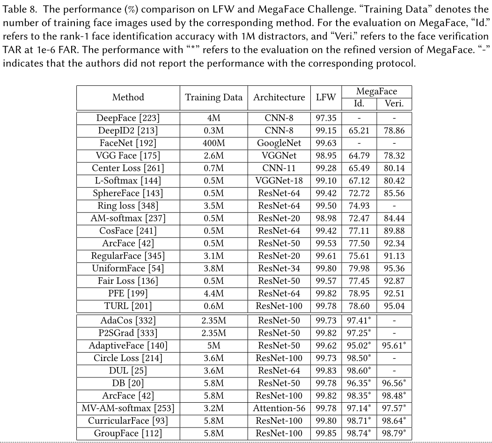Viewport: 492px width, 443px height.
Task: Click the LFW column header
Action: click(326, 97)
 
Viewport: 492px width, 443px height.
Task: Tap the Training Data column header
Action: click(214, 97)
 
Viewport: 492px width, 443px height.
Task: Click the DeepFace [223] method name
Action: click(128, 118)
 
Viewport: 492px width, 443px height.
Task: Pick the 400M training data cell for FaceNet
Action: click(214, 143)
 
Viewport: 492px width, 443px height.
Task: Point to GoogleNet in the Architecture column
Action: click(279, 143)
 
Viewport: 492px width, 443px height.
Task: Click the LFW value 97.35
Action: click(326, 118)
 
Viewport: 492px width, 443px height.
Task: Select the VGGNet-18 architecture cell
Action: click(279, 181)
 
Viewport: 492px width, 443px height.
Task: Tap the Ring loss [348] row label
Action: click(128, 206)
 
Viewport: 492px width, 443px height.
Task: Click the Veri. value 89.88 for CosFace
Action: click(394, 231)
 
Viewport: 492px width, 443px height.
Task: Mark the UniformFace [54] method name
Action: click(128, 268)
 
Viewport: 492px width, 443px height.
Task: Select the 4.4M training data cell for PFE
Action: click(214, 294)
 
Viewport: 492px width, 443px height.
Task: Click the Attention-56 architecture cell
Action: click(279, 408)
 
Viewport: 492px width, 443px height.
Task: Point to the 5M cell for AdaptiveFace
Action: click(214, 346)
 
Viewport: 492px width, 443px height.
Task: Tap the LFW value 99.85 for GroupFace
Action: click(326, 433)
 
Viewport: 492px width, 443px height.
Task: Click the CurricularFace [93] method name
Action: click(128, 421)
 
